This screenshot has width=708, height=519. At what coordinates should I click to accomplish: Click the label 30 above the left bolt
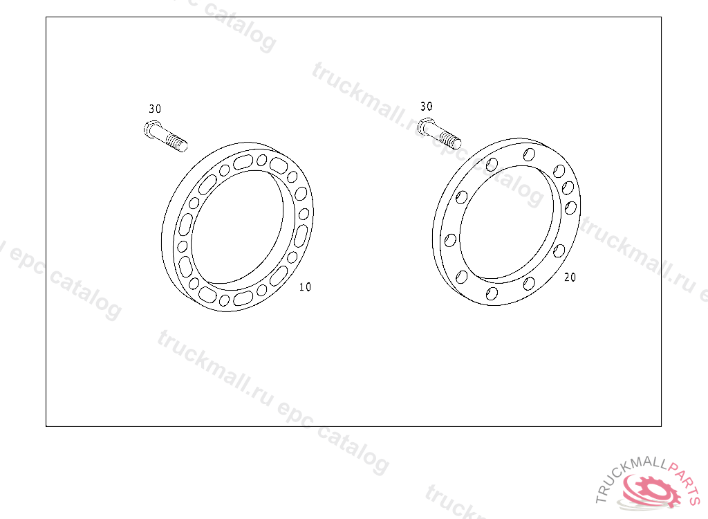pos(155,109)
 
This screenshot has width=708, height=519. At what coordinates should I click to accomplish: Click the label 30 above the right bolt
pos(426,107)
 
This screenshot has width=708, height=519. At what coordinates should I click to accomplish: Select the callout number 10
pos(305,287)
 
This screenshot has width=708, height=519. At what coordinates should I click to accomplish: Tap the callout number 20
pos(570,277)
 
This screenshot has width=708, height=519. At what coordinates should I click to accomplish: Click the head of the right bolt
pos(425,126)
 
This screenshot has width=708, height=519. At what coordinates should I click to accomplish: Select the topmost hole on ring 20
pos(529,155)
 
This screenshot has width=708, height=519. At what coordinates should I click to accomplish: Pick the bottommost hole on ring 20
pos(492,294)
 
